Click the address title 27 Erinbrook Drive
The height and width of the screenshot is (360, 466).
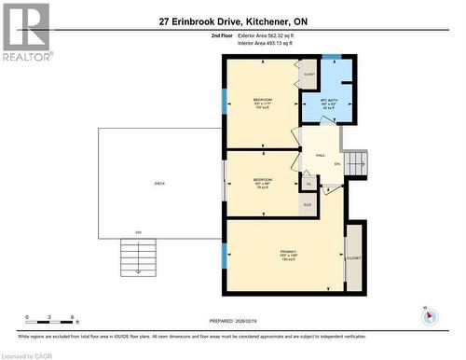click(233, 21)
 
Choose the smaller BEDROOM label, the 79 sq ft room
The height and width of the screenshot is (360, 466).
click(263, 182)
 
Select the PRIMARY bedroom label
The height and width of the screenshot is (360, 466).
click(288, 253)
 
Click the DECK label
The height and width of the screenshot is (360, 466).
click(159, 183)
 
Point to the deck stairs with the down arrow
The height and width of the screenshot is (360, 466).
click(138, 256)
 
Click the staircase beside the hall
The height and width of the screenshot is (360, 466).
click(356, 164)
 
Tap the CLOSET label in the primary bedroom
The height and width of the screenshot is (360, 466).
click(355, 257)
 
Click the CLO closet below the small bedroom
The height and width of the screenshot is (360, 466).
click(308, 204)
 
